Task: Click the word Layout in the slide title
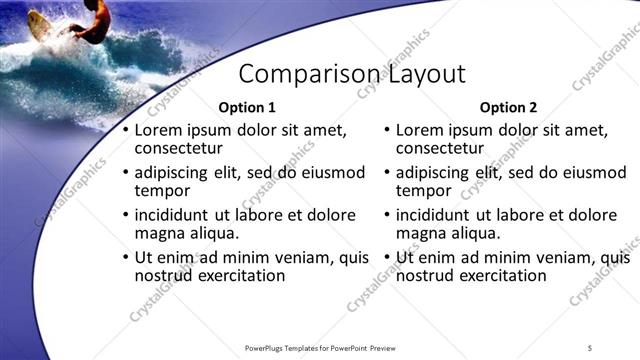point(423,75)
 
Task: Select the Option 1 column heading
point(246,107)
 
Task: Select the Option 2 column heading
point(508,107)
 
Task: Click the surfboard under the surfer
point(40,26)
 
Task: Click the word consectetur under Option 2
point(440,148)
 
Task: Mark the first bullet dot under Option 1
point(124,131)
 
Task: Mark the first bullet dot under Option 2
point(386,131)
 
